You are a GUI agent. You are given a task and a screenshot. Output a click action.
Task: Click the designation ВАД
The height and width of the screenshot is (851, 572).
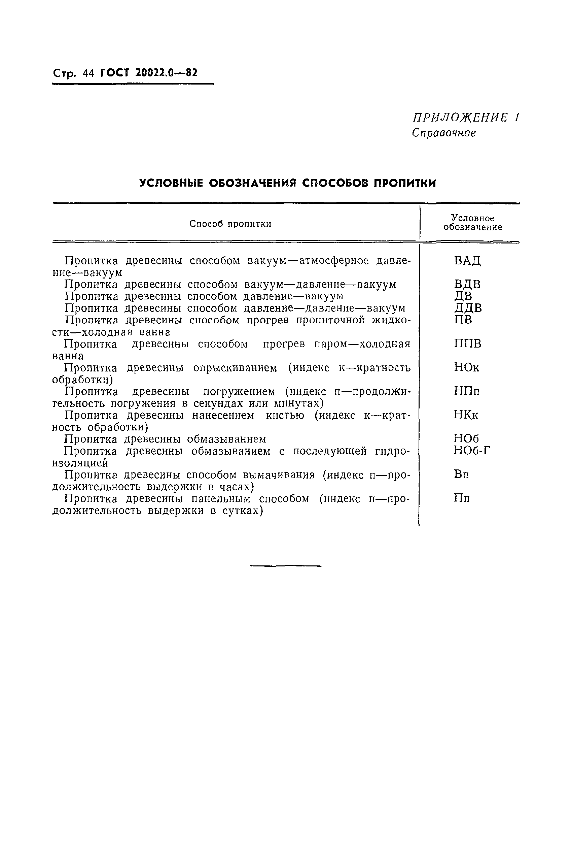[467, 261]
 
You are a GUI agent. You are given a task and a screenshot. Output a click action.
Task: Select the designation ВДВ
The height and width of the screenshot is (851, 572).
[467, 284]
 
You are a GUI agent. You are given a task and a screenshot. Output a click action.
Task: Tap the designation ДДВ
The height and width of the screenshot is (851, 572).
[468, 308]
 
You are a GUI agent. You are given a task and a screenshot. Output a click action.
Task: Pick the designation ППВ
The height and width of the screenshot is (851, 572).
[467, 343]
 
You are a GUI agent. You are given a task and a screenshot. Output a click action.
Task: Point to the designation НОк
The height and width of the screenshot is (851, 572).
[467, 367]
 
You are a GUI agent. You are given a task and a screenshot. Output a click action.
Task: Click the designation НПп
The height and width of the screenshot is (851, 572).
[467, 391]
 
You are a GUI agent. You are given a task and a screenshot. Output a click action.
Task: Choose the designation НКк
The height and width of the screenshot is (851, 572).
[466, 415]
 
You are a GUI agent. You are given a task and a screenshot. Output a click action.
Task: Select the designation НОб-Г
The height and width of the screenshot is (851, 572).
[472, 451]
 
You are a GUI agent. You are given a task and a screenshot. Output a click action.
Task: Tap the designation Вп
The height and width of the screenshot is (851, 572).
[461, 474]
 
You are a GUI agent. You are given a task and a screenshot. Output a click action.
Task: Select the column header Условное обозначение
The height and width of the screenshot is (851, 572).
[473, 222]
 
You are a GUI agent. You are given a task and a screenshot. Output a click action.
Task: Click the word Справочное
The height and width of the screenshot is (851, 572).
[444, 133]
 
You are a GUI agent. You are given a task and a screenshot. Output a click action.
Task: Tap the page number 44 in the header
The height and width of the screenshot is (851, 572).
[88, 73]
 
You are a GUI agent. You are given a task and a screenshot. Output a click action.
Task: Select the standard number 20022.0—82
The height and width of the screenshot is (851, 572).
[166, 73]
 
